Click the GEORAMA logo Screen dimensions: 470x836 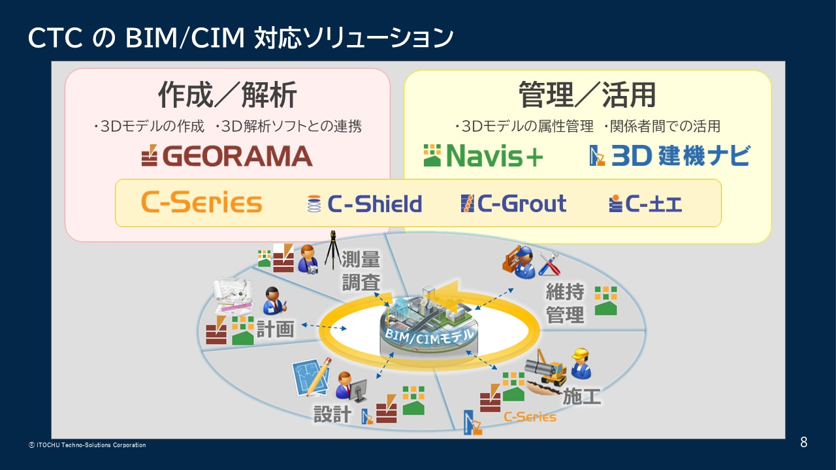[227, 156]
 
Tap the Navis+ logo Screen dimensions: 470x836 [483, 156]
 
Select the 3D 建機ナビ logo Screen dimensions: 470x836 [669, 156]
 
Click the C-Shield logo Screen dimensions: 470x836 [364, 204]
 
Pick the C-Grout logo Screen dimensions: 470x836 [513, 204]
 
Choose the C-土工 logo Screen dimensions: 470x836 [645, 204]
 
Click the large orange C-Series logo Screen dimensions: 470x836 [201, 203]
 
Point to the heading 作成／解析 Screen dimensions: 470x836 [227, 95]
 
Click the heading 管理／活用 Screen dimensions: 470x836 [587, 95]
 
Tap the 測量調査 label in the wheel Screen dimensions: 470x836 [361, 271]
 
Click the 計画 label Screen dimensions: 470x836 [275, 328]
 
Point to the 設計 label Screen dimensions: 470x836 [332, 413]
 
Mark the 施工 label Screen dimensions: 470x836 [581, 396]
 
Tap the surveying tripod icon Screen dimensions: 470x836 [333, 248]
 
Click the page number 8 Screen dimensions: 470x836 [803, 443]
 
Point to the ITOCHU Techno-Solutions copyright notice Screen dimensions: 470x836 [88, 445]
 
